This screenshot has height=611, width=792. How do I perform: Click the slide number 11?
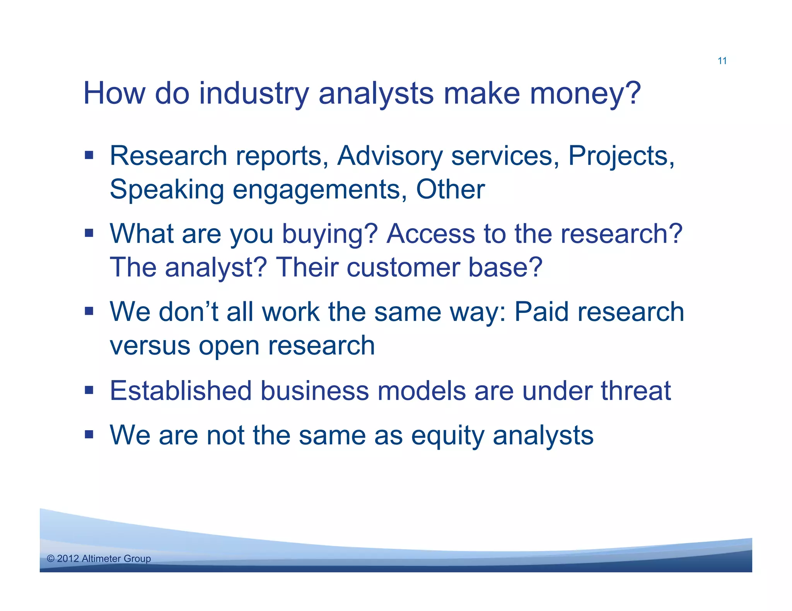click(x=722, y=61)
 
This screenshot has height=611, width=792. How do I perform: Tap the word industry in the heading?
click(x=254, y=93)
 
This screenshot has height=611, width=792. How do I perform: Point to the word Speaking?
click(x=167, y=190)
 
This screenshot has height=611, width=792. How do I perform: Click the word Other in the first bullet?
click(x=450, y=190)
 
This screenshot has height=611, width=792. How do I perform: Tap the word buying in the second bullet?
click(x=329, y=234)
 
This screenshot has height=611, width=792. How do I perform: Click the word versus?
click(x=150, y=346)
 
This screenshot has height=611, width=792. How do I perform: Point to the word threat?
click(x=635, y=391)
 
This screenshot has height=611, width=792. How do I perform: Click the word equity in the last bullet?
click(x=447, y=436)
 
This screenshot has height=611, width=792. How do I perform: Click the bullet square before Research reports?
click(x=89, y=156)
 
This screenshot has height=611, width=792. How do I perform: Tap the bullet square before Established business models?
click(x=89, y=390)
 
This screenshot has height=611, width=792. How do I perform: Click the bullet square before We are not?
click(x=89, y=435)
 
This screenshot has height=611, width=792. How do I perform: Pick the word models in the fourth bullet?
click(x=421, y=391)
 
